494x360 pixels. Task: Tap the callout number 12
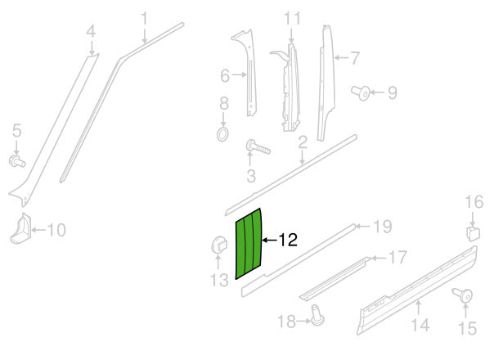[x=287, y=241]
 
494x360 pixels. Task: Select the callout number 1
[x=145, y=17]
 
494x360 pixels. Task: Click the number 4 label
[x=91, y=32]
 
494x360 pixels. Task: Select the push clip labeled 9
[x=360, y=92]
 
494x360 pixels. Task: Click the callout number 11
[x=293, y=17]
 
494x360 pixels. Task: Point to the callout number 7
[x=355, y=58]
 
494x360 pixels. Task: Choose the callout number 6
[x=225, y=76]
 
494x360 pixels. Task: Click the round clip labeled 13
[x=218, y=244]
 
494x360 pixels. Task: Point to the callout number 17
[x=397, y=259]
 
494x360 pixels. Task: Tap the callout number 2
[x=303, y=143]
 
